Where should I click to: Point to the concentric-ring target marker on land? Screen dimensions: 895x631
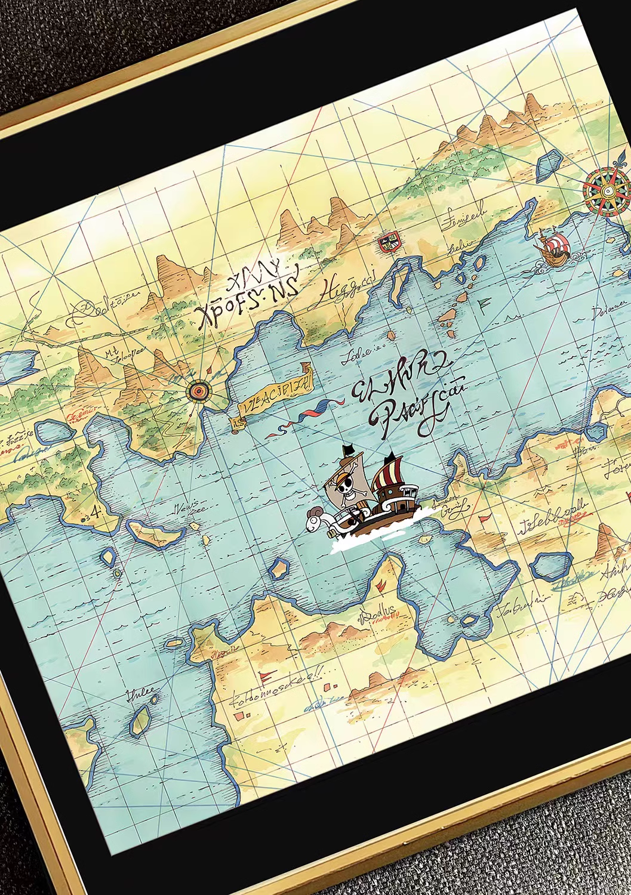point(198,391)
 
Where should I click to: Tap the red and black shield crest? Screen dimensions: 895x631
point(386,242)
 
